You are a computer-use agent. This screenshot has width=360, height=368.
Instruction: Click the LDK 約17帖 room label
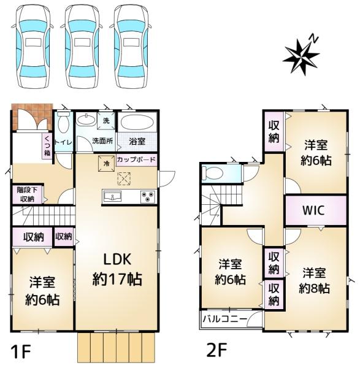pyautogui.click(x=117, y=269)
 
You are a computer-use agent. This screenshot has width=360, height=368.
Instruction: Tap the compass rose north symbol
pyautogui.click(x=302, y=55)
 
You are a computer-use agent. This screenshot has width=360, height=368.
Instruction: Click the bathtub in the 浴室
pyautogui.click(x=137, y=122)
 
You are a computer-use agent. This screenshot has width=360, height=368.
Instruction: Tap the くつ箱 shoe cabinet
pyautogui.click(x=47, y=146)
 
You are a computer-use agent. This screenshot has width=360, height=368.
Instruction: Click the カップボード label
pyautogui.click(x=136, y=160)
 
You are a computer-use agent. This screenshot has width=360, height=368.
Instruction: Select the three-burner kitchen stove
pyautogui.click(x=148, y=197)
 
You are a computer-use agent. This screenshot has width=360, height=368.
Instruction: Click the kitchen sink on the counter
pyautogui.click(x=112, y=196)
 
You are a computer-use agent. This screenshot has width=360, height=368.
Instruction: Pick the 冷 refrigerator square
pyautogui.click(x=107, y=164)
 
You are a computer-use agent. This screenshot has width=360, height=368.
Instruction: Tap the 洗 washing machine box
pyautogui.click(x=106, y=121)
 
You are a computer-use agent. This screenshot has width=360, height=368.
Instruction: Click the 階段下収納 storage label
pyautogui.click(x=27, y=194)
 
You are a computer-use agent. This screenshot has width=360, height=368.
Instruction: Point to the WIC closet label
pyautogui.click(x=314, y=210)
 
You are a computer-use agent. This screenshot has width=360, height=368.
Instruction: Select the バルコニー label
pyautogui.click(x=225, y=319)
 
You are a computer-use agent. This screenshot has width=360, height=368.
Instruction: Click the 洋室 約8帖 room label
pyautogui.click(x=315, y=281)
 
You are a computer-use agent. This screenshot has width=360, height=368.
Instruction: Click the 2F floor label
pyautogui.click(x=216, y=350)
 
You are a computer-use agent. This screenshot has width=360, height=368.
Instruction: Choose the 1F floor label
pyautogui.click(x=21, y=351)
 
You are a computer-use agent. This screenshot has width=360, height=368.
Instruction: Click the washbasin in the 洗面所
pyautogui.click(x=86, y=120)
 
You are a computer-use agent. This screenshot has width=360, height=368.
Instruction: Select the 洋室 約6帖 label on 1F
pyautogui.click(x=42, y=291)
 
